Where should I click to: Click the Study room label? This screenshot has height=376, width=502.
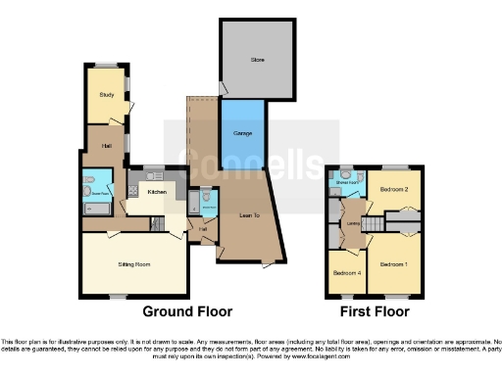(x=105, y=95)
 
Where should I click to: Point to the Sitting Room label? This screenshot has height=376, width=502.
(x=132, y=263)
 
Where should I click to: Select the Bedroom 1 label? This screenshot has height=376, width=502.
(x=393, y=263)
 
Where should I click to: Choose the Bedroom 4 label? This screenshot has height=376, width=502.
(x=345, y=272)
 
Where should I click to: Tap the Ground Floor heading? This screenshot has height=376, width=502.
(x=187, y=311)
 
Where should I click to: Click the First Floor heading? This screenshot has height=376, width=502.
(x=375, y=311)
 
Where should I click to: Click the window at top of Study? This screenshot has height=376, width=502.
(x=105, y=66)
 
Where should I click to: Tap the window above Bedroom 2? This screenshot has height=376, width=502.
(x=394, y=165)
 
